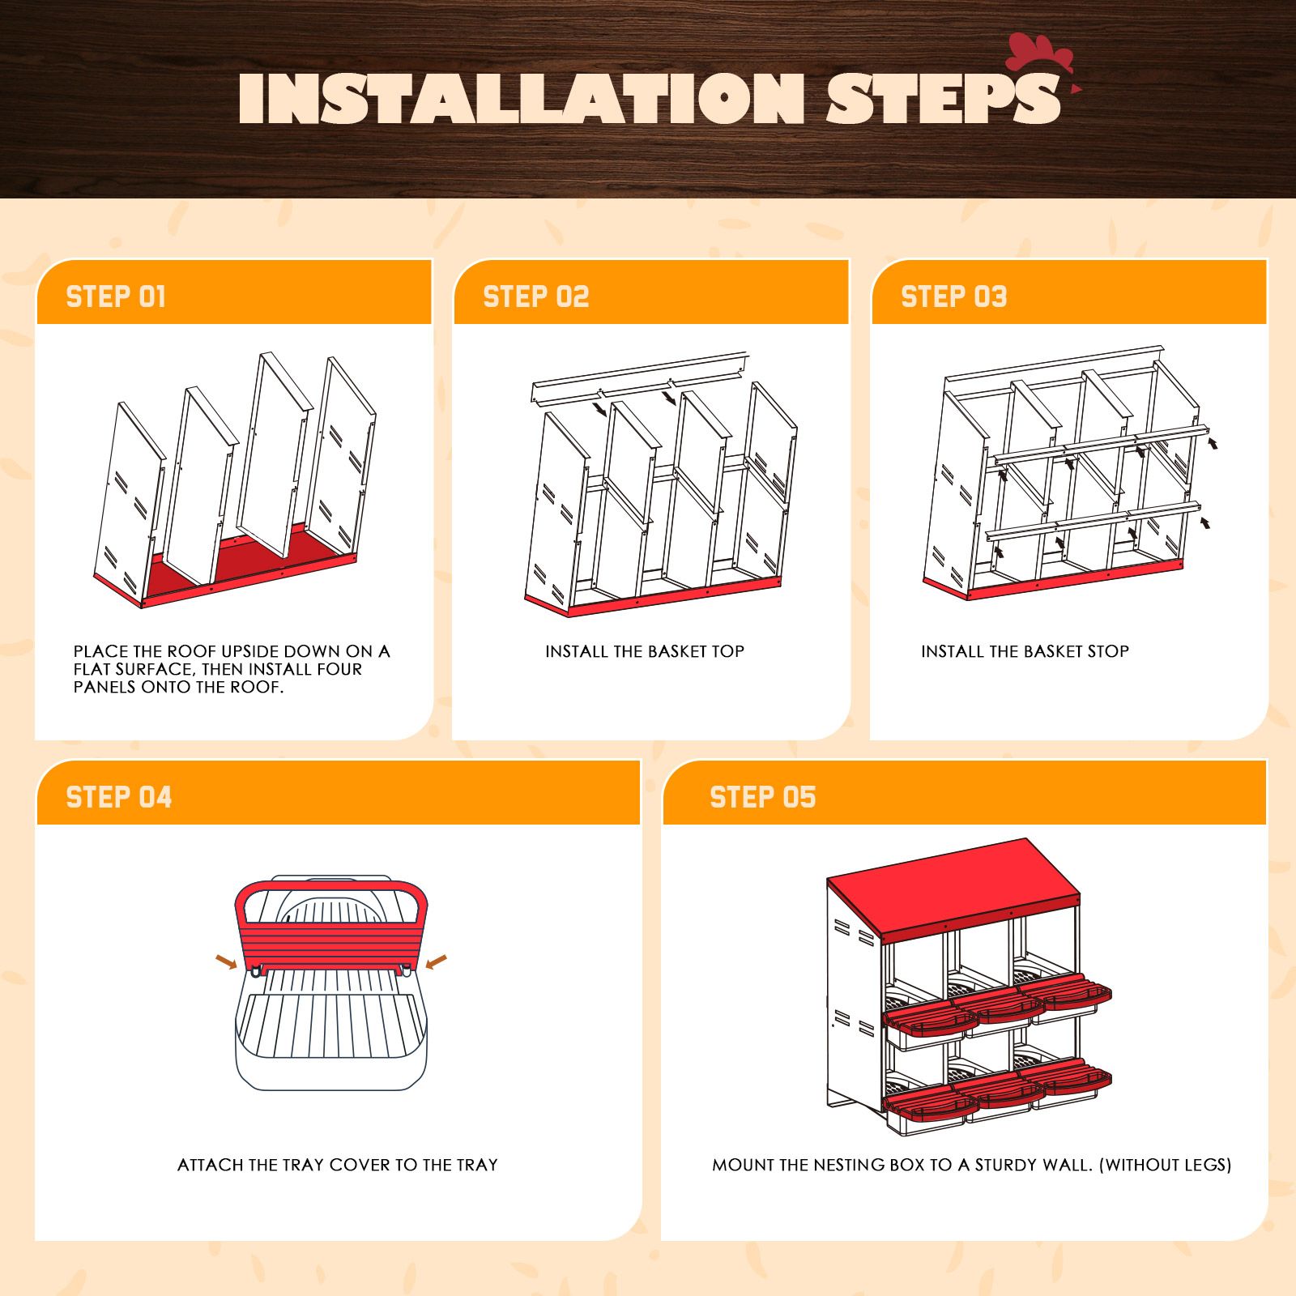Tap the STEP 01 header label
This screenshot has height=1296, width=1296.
[x=116, y=296]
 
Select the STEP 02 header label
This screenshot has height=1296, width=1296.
[x=535, y=296]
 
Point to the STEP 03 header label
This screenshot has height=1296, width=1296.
[x=953, y=296]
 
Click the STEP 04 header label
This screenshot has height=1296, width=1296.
[x=118, y=797]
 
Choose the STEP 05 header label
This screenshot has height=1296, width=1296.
[x=762, y=797]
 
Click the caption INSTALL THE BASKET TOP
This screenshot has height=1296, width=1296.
[x=644, y=651]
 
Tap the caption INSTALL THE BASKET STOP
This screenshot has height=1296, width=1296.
[x=1024, y=651]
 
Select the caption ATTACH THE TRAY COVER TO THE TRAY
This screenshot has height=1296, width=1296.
[x=337, y=1165]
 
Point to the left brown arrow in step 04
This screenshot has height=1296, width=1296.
[x=226, y=961]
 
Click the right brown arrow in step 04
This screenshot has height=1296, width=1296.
[x=436, y=961]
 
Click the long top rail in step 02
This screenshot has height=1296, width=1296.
[x=640, y=377]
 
